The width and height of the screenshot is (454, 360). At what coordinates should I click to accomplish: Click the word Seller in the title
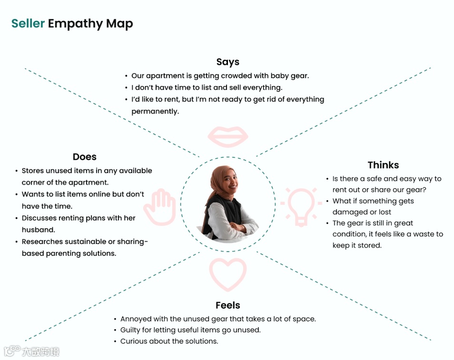coord(28,24)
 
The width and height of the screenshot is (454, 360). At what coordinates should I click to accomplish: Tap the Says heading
coord(227,62)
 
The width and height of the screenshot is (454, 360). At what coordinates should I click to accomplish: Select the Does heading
coord(85,157)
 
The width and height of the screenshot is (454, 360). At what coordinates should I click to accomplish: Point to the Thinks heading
coord(383,165)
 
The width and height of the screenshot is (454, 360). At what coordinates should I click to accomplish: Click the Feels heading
coord(227,305)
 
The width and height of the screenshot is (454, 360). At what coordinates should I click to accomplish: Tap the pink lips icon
coord(227,136)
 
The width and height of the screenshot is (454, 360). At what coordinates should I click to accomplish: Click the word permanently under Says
coord(155,112)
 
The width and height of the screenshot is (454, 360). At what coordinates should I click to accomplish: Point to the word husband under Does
coord(38,230)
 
